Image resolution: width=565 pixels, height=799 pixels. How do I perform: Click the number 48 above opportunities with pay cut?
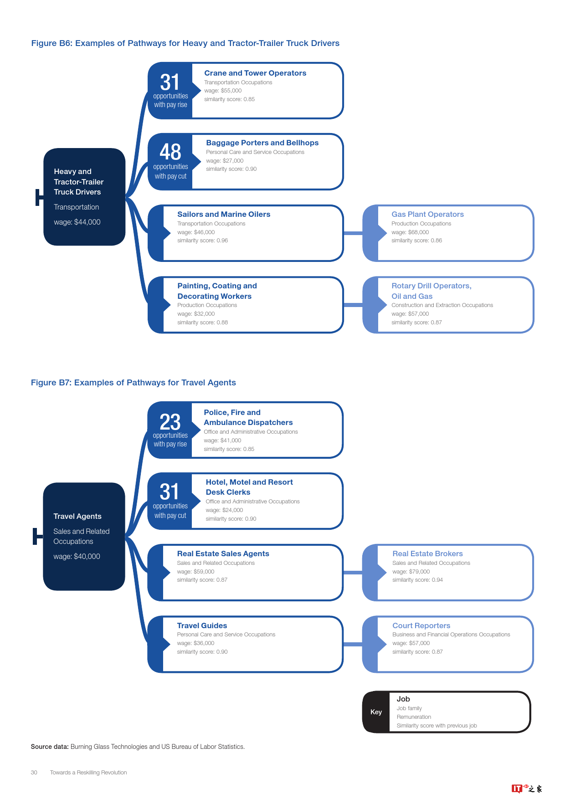170,152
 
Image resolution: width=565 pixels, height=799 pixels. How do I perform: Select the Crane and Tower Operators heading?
255,73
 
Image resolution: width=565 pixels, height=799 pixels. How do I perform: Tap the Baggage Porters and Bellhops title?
262,143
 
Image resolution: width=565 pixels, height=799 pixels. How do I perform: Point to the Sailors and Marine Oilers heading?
224,214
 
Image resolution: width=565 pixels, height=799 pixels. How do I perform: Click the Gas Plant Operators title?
427,214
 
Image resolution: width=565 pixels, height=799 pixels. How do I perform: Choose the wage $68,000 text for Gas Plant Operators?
410,232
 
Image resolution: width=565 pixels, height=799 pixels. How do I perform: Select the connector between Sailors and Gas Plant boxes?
353,233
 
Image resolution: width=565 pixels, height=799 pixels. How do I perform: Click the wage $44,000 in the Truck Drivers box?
77,222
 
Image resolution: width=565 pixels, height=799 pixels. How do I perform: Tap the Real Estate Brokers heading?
427,553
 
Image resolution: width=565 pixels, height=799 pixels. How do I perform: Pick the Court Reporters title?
421,625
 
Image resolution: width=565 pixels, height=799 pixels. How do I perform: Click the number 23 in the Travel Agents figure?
170,422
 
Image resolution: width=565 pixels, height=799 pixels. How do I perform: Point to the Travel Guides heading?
202,625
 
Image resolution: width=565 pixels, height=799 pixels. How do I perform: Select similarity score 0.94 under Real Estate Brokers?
417,580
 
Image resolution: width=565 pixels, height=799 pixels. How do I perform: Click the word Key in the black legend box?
376,712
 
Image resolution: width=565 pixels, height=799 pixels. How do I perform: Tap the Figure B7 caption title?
134,383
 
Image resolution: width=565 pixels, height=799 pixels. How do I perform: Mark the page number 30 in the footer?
34,773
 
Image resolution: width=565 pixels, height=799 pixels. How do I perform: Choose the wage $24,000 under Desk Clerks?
224,510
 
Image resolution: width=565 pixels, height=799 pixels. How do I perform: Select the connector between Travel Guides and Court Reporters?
353,644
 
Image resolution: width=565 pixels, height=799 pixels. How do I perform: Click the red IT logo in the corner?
517,789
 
